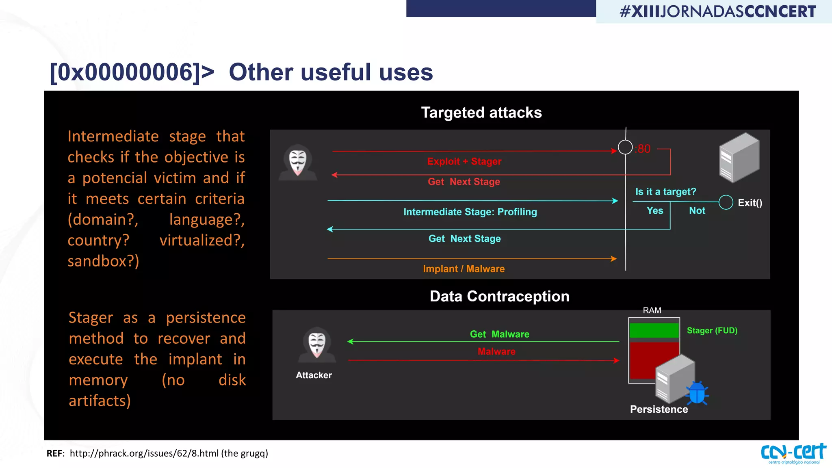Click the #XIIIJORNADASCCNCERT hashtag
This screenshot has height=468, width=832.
pyautogui.click(x=717, y=11)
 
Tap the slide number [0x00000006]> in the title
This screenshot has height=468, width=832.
pyautogui.click(x=132, y=72)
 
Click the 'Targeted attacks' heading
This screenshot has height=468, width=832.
pyautogui.click(x=481, y=113)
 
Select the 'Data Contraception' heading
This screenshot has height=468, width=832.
pyautogui.click(x=499, y=296)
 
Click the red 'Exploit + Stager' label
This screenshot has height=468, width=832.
pyautogui.click(x=464, y=161)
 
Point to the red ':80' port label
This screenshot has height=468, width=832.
pyautogui.click(x=643, y=149)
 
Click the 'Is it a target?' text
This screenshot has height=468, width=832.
pyautogui.click(x=665, y=191)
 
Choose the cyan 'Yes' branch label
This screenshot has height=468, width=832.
pyautogui.click(x=654, y=210)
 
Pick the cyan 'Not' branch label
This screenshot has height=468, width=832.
pyautogui.click(x=697, y=210)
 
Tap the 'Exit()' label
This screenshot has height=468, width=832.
pyautogui.click(x=750, y=203)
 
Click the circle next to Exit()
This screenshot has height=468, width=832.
pyautogui.click(x=726, y=202)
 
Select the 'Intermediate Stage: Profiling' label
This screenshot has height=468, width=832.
pyautogui.click(x=470, y=212)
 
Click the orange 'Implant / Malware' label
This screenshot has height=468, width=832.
pyautogui.click(x=464, y=269)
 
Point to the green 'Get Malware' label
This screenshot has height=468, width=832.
pyautogui.click(x=499, y=334)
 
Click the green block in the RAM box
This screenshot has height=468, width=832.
pyautogui.click(x=654, y=330)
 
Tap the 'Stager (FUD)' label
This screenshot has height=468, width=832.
pyautogui.click(x=712, y=330)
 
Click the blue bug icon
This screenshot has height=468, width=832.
pyautogui.click(x=697, y=393)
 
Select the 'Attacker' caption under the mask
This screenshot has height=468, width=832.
pyautogui.click(x=314, y=375)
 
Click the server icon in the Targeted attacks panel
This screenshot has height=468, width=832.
pyautogui.click(x=739, y=158)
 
